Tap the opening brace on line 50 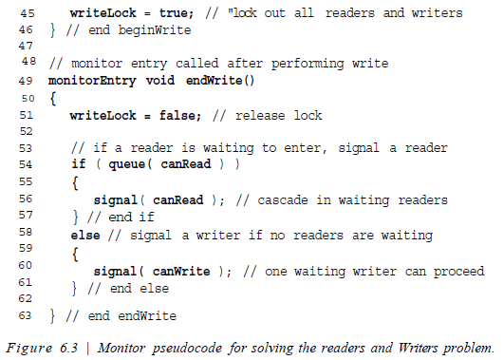[52, 98]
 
